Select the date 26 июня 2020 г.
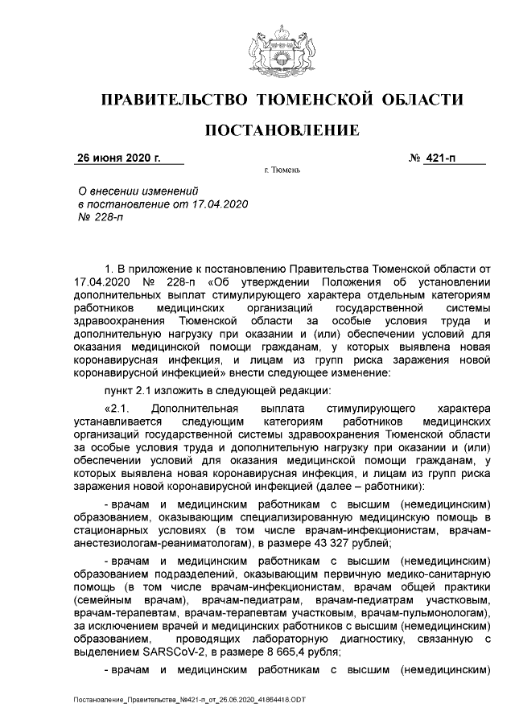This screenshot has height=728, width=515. click(x=118, y=158)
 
